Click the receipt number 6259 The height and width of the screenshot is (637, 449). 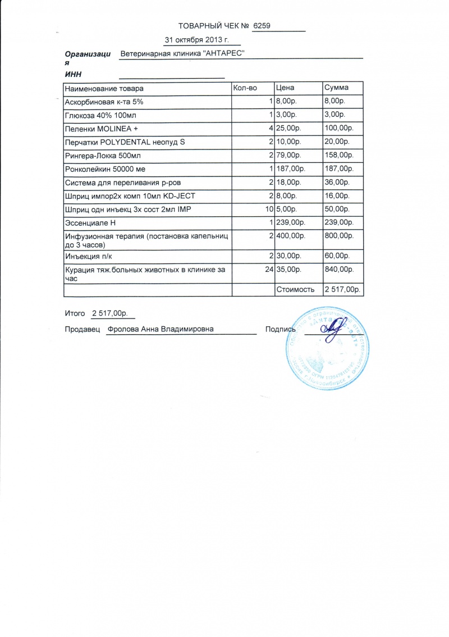pyautogui.click(x=262, y=26)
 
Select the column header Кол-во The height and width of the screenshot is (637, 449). pyautogui.click(x=245, y=88)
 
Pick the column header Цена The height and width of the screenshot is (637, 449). pyautogui.click(x=285, y=88)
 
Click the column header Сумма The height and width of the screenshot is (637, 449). pyautogui.click(x=336, y=88)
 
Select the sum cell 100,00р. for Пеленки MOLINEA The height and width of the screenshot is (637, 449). pyautogui.click(x=339, y=129)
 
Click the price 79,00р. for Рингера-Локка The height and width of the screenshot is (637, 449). pyautogui.click(x=290, y=156)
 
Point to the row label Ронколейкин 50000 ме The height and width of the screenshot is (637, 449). pyautogui.click(x=105, y=169)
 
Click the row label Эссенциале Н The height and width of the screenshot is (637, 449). pyautogui.click(x=90, y=223)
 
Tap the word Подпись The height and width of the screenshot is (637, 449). pyautogui.click(x=280, y=330)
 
